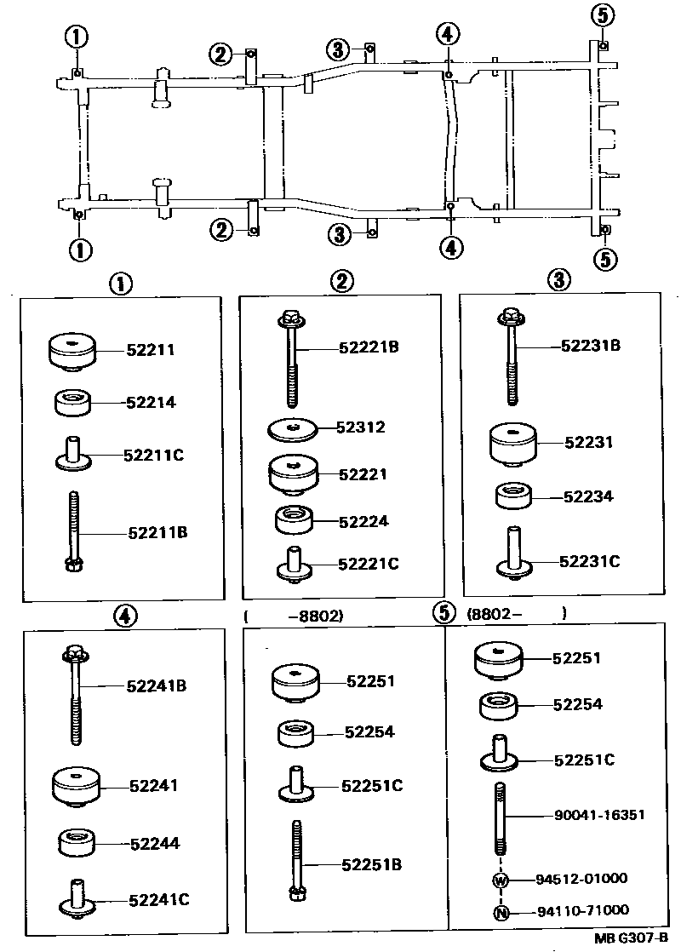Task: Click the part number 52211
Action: (x=151, y=349)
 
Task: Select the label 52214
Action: (x=151, y=402)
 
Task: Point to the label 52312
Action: (x=360, y=427)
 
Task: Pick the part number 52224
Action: (x=363, y=520)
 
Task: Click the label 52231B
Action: (x=591, y=346)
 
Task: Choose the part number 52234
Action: (x=588, y=496)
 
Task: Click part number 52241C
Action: (x=159, y=898)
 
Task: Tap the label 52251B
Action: (x=371, y=865)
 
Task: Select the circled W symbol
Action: (x=501, y=880)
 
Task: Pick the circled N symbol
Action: (x=501, y=913)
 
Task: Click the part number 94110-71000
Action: (x=582, y=910)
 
